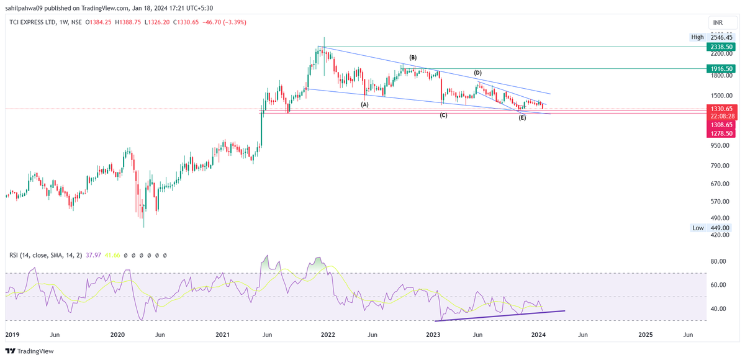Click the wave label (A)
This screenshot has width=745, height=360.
(365, 104)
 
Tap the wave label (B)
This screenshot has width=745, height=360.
(412, 58)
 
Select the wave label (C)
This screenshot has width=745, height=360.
(443, 115)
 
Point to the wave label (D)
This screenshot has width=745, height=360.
(478, 73)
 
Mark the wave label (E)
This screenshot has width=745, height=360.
(522, 117)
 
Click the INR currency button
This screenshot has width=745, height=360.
(718, 22)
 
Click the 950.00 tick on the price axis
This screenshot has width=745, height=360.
(719, 145)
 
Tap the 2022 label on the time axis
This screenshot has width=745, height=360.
(328, 335)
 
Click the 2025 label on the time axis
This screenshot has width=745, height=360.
(645, 335)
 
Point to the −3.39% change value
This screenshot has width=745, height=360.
(233, 22)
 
